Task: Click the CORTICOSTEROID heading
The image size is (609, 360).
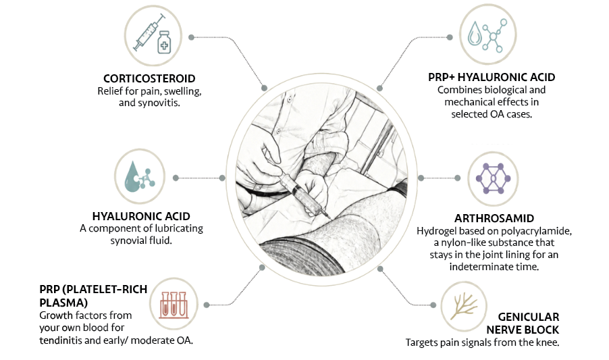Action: (x=149, y=78)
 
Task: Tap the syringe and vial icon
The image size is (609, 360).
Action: (x=153, y=35)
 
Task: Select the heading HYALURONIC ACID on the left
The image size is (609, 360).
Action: (x=141, y=216)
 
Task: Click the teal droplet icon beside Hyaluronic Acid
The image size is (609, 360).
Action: (x=140, y=177)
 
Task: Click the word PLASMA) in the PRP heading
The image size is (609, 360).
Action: (x=63, y=303)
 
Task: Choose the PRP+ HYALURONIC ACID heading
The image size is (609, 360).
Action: (x=492, y=77)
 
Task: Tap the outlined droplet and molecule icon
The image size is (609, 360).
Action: (x=487, y=36)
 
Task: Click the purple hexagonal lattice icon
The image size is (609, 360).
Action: (x=493, y=178)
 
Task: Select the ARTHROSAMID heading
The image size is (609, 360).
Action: (x=494, y=218)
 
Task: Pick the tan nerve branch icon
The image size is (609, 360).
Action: (x=464, y=307)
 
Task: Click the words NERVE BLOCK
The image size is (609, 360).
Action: (x=523, y=330)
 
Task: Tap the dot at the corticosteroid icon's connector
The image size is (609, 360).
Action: (x=191, y=37)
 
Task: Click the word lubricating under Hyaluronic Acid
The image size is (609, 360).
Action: (x=174, y=228)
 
